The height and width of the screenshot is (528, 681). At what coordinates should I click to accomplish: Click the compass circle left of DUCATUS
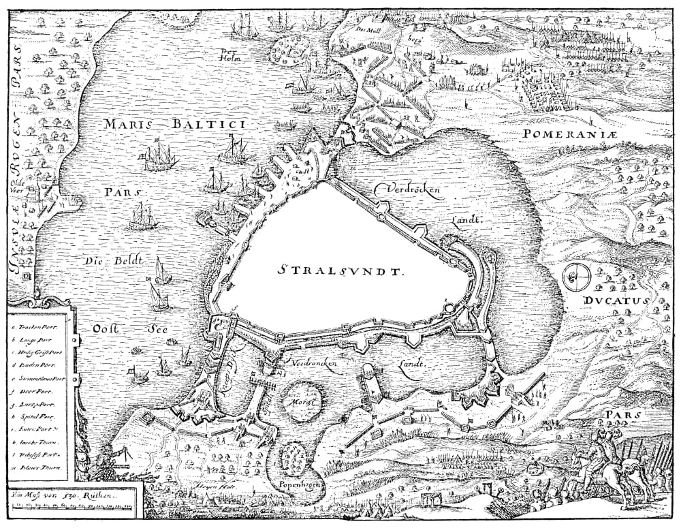point(577,276)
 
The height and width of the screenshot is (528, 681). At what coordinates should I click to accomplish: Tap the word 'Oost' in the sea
point(106,328)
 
